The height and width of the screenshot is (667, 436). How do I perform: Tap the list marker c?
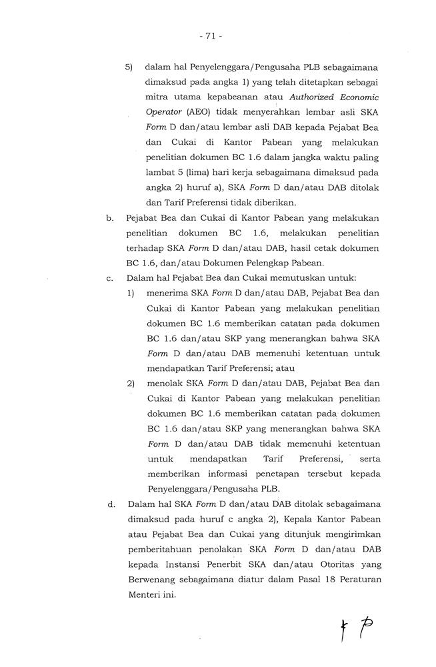pyautogui.click(x=109, y=278)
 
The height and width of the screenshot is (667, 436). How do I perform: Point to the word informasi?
pyautogui.click(x=221, y=474)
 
